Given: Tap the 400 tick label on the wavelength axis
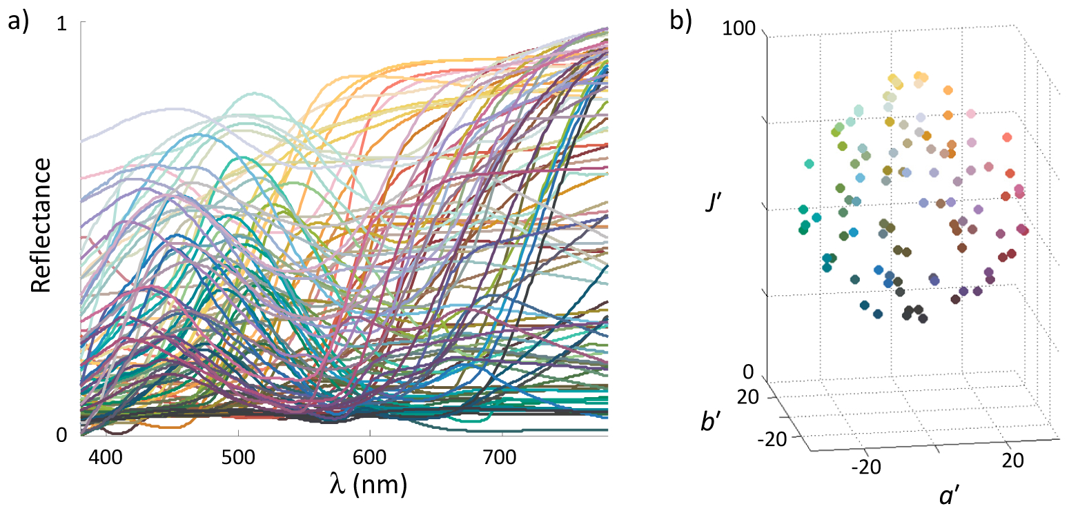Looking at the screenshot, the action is (x=106, y=457).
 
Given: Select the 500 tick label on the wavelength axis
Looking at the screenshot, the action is (x=238, y=457).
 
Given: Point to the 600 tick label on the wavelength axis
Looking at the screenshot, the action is (x=370, y=457).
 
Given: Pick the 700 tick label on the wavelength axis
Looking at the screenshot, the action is (x=500, y=457).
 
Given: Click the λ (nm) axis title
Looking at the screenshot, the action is (x=369, y=485).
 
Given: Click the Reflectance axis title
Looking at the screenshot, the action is (x=41, y=225).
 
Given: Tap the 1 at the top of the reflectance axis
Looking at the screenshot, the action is (x=62, y=24).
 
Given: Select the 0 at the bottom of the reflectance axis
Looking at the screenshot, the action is (x=62, y=435).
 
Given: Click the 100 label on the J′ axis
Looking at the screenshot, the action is (x=738, y=28).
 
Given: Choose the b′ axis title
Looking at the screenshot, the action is (x=711, y=421).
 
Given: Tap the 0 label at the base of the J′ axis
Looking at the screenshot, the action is (x=748, y=372).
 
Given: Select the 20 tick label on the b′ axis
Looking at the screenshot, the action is (x=748, y=396).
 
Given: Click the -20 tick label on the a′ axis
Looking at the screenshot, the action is (x=866, y=467).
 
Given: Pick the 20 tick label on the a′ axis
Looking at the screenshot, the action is (x=1012, y=461).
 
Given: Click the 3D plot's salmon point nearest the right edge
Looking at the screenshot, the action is (x=1007, y=137).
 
